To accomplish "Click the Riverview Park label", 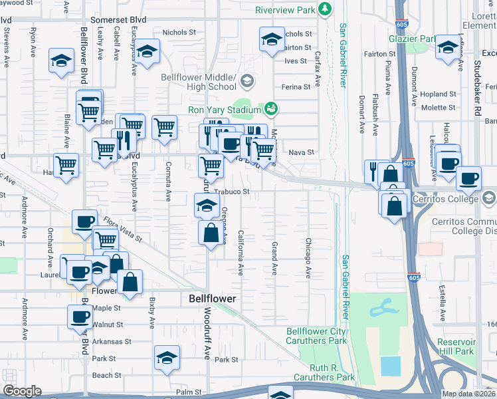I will click(286, 10).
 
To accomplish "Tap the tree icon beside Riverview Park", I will click(325, 9).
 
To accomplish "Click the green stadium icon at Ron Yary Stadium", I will click(271, 107).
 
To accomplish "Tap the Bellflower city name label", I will click(212, 299).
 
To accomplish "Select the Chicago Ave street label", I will click(308, 258).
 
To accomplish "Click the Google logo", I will click(23, 391).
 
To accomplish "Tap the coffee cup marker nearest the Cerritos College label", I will click(469, 178).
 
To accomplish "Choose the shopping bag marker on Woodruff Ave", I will click(211, 233).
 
